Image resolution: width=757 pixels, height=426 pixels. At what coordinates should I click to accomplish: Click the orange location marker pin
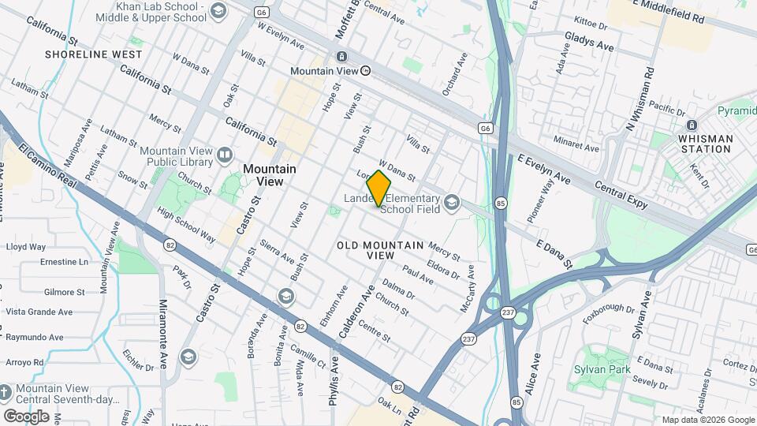(x=379, y=188)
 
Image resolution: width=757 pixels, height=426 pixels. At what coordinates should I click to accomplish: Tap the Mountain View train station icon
(x=342, y=57)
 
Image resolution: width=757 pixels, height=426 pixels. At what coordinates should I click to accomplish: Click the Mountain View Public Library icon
(x=225, y=155)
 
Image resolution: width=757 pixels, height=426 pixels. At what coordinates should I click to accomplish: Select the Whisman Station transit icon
(x=691, y=125)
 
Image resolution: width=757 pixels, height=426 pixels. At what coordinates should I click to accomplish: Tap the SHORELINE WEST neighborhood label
(x=94, y=54)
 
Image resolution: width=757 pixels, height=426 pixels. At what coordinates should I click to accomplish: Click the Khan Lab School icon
(x=218, y=10)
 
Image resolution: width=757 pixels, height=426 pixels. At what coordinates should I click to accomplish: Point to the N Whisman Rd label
(x=640, y=98)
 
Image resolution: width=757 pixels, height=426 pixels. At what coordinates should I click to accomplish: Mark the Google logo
(x=26, y=417)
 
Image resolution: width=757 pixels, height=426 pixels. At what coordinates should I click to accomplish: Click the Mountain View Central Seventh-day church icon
(x=5, y=392)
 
